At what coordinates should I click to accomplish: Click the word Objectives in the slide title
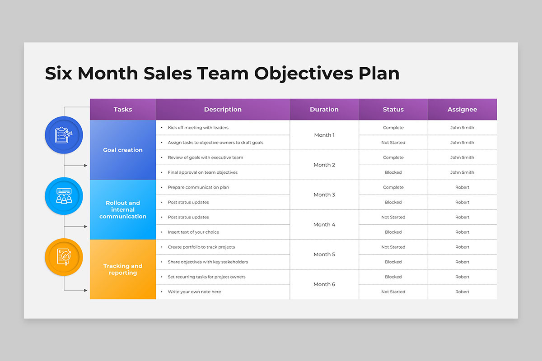tap(304, 74)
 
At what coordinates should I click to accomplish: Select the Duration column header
tap(324, 109)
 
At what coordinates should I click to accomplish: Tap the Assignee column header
tap(462, 109)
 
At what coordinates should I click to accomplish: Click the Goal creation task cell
tap(123, 150)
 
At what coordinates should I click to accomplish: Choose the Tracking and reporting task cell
tap(123, 269)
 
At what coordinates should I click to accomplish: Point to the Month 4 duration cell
tap(324, 225)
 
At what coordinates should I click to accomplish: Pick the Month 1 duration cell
tap(324, 135)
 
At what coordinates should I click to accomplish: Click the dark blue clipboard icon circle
tap(64, 135)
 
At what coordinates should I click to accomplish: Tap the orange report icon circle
tap(64, 257)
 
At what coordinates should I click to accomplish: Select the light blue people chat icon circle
tap(64, 196)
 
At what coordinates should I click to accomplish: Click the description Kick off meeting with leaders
tap(198, 127)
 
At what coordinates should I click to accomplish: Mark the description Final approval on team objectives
tap(202, 172)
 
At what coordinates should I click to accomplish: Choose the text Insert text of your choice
tap(193, 232)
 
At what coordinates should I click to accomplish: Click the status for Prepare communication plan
tap(393, 187)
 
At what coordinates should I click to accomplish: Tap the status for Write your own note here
tap(393, 292)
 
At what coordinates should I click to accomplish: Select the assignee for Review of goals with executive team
tap(462, 157)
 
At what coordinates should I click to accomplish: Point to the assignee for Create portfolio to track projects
tap(462, 247)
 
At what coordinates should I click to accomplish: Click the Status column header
tap(393, 109)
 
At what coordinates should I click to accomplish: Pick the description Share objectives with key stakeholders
tap(208, 262)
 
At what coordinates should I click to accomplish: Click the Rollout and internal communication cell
tap(123, 210)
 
